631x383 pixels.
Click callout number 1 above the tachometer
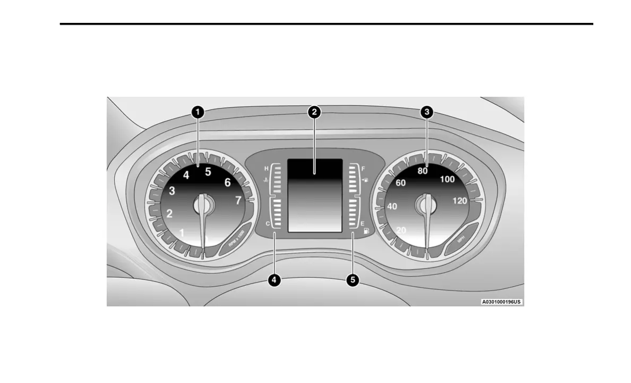tap(197, 112)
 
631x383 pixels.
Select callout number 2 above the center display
tap(314, 112)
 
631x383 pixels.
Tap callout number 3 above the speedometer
tap(427, 112)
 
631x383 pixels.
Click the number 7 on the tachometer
tap(238, 201)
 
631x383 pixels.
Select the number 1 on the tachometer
tap(182, 232)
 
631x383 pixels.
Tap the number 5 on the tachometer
tap(208, 171)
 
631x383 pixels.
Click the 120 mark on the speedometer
tap(460, 201)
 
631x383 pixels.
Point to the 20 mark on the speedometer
tap(402, 230)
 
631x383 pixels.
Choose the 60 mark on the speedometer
tap(401, 183)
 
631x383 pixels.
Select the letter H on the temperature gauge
tap(267, 169)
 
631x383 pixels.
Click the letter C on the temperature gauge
tap(267, 224)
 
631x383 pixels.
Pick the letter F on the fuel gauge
tap(363, 169)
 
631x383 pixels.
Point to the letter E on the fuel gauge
tap(363, 224)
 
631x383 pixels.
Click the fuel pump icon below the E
tap(366, 232)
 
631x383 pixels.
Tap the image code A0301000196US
tap(501, 302)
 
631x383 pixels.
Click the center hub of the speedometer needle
tap(425, 203)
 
